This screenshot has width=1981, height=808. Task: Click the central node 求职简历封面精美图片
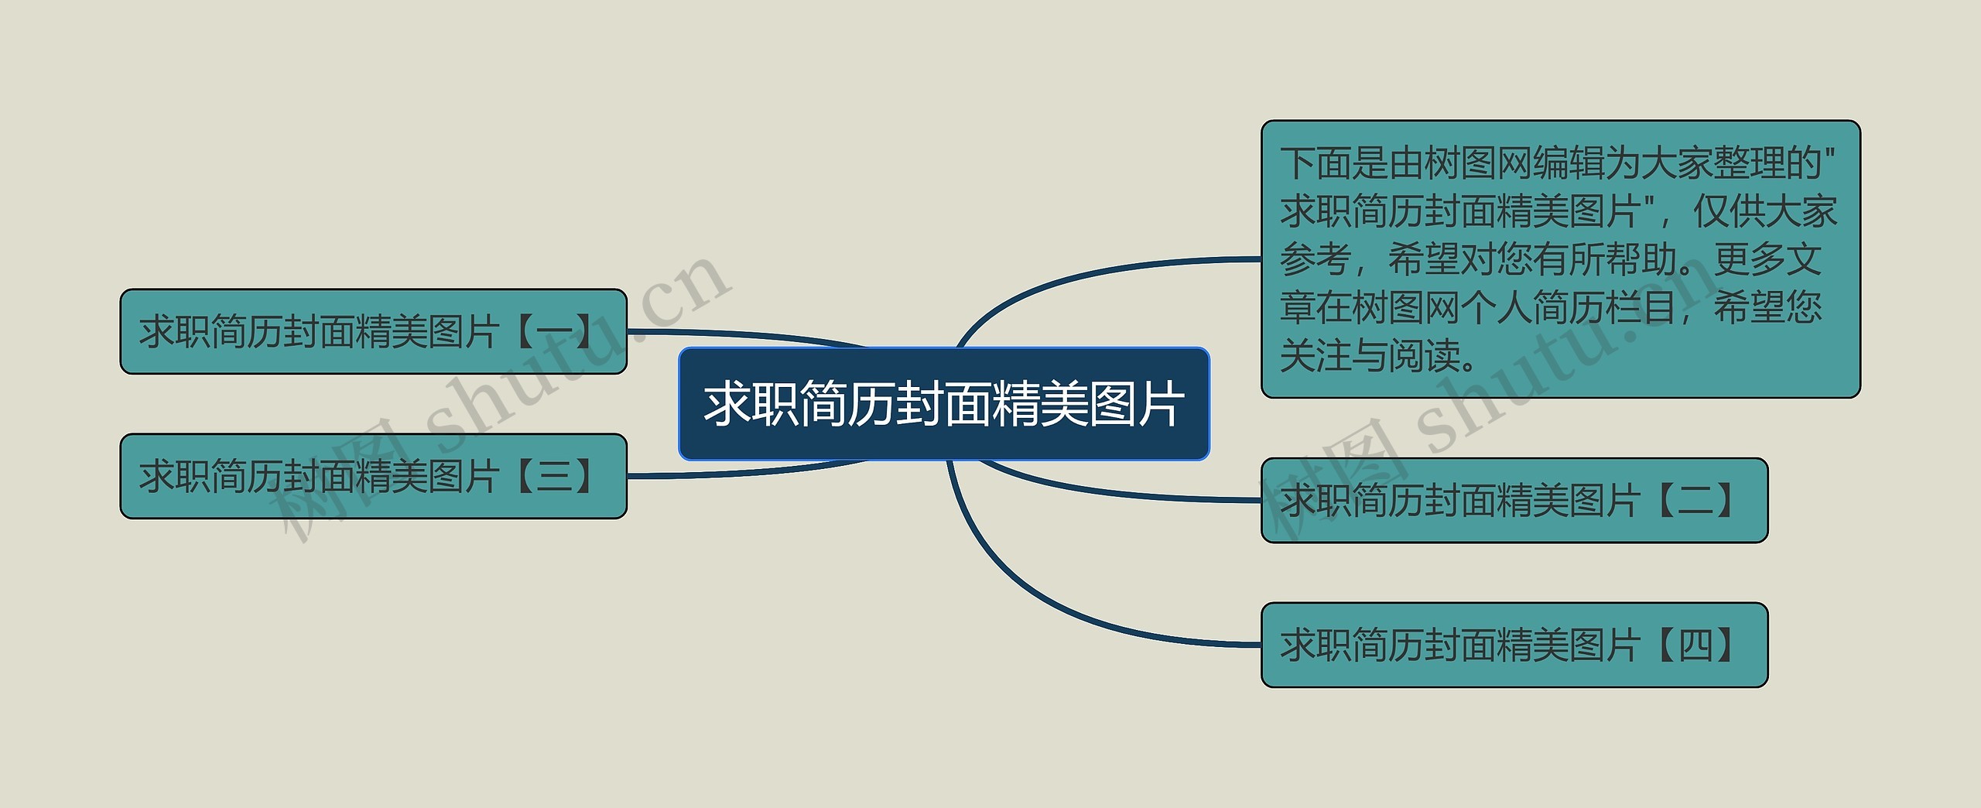(x=943, y=404)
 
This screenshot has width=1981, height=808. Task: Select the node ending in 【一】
(x=373, y=331)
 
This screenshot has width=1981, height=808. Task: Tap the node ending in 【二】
(x=1514, y=500)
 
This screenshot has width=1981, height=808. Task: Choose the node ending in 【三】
(x=373, y=476)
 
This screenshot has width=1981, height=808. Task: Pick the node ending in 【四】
(x=1514, y=645)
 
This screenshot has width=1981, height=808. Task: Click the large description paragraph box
(x=1560, y=259)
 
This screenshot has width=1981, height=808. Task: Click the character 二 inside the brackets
(x=1695, y=501)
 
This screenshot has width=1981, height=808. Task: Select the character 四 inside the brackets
(x=1695, y=645)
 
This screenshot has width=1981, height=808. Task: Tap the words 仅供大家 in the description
(x=1764, y=211)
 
